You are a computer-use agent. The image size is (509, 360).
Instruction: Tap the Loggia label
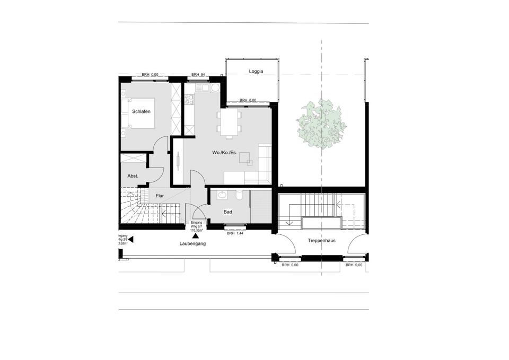(256, 71)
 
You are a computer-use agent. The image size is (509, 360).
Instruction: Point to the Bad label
(228, 212)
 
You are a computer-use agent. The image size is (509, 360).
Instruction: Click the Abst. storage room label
(133, 176)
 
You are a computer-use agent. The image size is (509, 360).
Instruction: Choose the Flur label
(160, 196)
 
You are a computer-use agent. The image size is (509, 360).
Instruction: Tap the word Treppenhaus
(321, 240)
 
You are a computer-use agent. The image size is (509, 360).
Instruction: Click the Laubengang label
(192, 244)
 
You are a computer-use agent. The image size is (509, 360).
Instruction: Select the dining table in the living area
(229, 122)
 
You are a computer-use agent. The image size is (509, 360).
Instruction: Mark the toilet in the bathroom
(240, 196)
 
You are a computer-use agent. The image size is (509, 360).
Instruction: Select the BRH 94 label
(198, 75)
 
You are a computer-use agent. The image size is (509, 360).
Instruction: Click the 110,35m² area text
(197, 231)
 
